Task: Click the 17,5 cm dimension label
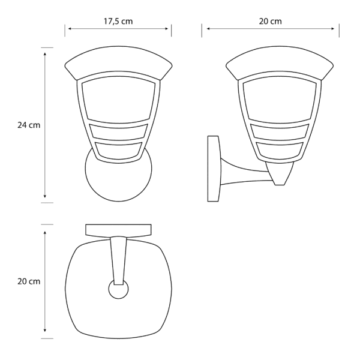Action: [118, 21]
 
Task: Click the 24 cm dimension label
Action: [29, 125]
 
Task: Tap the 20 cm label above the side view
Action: [270, 21]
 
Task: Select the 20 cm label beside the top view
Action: [29, 281]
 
